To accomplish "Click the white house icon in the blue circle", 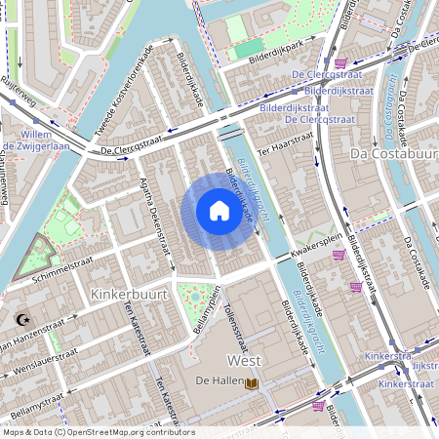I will pyautogui.click(x=219, y=211).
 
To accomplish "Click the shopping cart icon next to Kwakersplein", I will pyautogui.click(x=339, y=255).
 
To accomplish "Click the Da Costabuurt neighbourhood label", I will pyautogui.click(x=393, y=153).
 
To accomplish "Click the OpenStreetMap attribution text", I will pyautogui.click(x=98, y=432).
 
